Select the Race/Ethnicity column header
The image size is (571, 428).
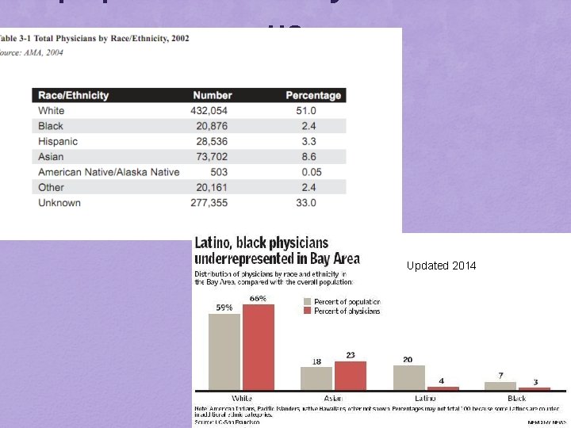click(74, 95)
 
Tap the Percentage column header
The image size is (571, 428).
click(313, 95)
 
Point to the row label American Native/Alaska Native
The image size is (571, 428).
click(109, 172)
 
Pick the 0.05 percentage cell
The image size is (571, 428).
click(305, 172)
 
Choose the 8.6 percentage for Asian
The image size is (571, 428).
click(305, 157)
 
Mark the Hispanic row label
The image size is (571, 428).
click(58, 141)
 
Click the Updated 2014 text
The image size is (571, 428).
click(442, 266)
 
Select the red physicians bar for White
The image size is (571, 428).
click(258, 347)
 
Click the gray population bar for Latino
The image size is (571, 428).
click(409, 377)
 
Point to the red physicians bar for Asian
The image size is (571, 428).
click(351, 376)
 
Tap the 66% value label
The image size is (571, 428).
click(258, 298)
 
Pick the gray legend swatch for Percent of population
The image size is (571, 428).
click(308, 301)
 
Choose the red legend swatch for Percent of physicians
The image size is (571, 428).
click(308, 311)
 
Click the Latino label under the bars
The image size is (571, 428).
click(425, 398)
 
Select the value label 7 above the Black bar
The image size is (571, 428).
click(501, 375)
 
